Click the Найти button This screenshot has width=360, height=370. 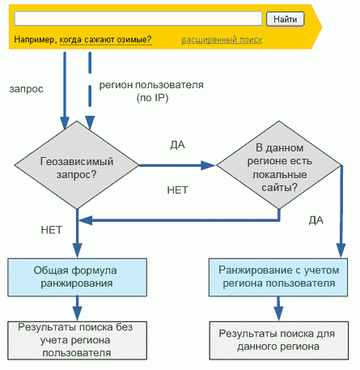286,19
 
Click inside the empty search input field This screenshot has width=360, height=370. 138,19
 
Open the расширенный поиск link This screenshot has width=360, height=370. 222,40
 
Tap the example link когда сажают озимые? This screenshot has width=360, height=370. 105,40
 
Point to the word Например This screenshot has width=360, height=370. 34,40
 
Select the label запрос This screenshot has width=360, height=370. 27,89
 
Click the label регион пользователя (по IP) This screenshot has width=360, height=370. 151,91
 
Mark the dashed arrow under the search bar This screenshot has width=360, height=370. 90,91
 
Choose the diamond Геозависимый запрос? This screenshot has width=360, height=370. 77,165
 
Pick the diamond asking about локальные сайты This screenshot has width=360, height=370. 279,165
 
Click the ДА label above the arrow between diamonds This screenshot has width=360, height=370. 177,145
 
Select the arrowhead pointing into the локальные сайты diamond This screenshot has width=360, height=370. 209,165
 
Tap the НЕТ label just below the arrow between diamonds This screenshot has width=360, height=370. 177,190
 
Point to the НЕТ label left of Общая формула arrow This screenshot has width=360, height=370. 52,230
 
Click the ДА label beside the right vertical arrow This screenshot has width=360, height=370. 316,220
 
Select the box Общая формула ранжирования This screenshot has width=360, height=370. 77,278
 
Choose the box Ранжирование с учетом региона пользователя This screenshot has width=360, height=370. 278,278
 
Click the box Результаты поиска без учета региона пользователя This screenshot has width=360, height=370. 77,341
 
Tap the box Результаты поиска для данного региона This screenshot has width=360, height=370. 279,341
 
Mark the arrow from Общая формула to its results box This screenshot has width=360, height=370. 78,308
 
